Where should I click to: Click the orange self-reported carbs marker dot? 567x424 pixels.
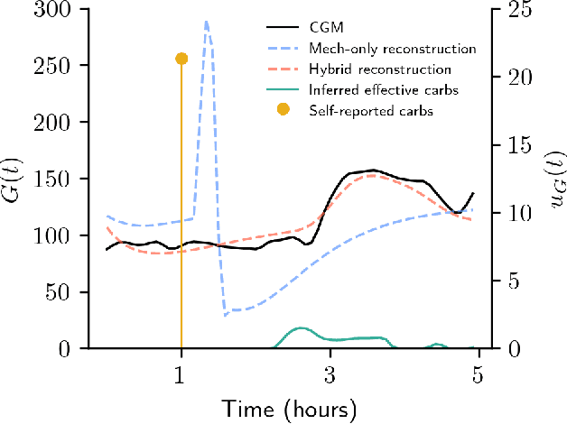181,59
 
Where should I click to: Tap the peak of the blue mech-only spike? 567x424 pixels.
207,22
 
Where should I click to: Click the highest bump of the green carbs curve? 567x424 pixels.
300,328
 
